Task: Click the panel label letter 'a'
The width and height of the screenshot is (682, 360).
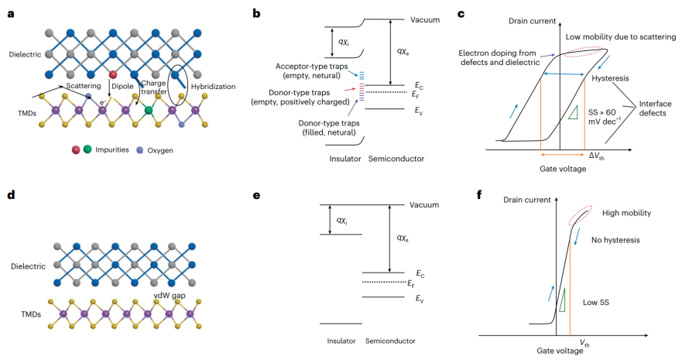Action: tap(11, 13)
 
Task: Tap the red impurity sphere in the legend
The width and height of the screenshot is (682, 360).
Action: tap(76, 150)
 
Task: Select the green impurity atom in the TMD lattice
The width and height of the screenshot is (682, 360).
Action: tap(149, 110)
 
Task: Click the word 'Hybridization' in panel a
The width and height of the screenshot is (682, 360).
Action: tap(213, 87)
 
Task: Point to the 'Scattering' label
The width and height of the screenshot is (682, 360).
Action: tap(84, 86)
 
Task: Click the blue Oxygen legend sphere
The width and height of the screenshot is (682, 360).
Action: tap(139, 150)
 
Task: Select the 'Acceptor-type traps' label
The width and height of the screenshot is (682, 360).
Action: tap(311, 67)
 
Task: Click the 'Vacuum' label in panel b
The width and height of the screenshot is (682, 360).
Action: tap(425, 19)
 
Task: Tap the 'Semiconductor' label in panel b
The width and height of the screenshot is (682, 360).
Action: tap(396, 159)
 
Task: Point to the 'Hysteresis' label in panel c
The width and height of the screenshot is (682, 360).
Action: tap(610, 78)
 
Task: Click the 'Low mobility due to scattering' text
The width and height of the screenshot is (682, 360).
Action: tap(621, 37)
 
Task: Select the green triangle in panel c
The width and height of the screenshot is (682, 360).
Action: tap(572, 112)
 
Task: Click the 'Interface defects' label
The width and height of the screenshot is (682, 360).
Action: tap(655, 108)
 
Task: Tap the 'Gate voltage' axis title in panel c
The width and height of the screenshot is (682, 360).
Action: tap(563, 169)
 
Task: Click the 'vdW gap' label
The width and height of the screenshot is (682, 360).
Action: tap(170, 296)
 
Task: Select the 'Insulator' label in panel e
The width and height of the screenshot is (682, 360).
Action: tap(341, 341)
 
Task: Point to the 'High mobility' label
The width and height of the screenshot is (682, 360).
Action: tap(626, 213)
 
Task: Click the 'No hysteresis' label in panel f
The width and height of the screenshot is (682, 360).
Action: tap(615, 240)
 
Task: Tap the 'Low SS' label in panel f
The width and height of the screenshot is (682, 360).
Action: tap(596, 302)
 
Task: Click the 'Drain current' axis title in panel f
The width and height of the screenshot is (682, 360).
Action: tap(526, 200)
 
